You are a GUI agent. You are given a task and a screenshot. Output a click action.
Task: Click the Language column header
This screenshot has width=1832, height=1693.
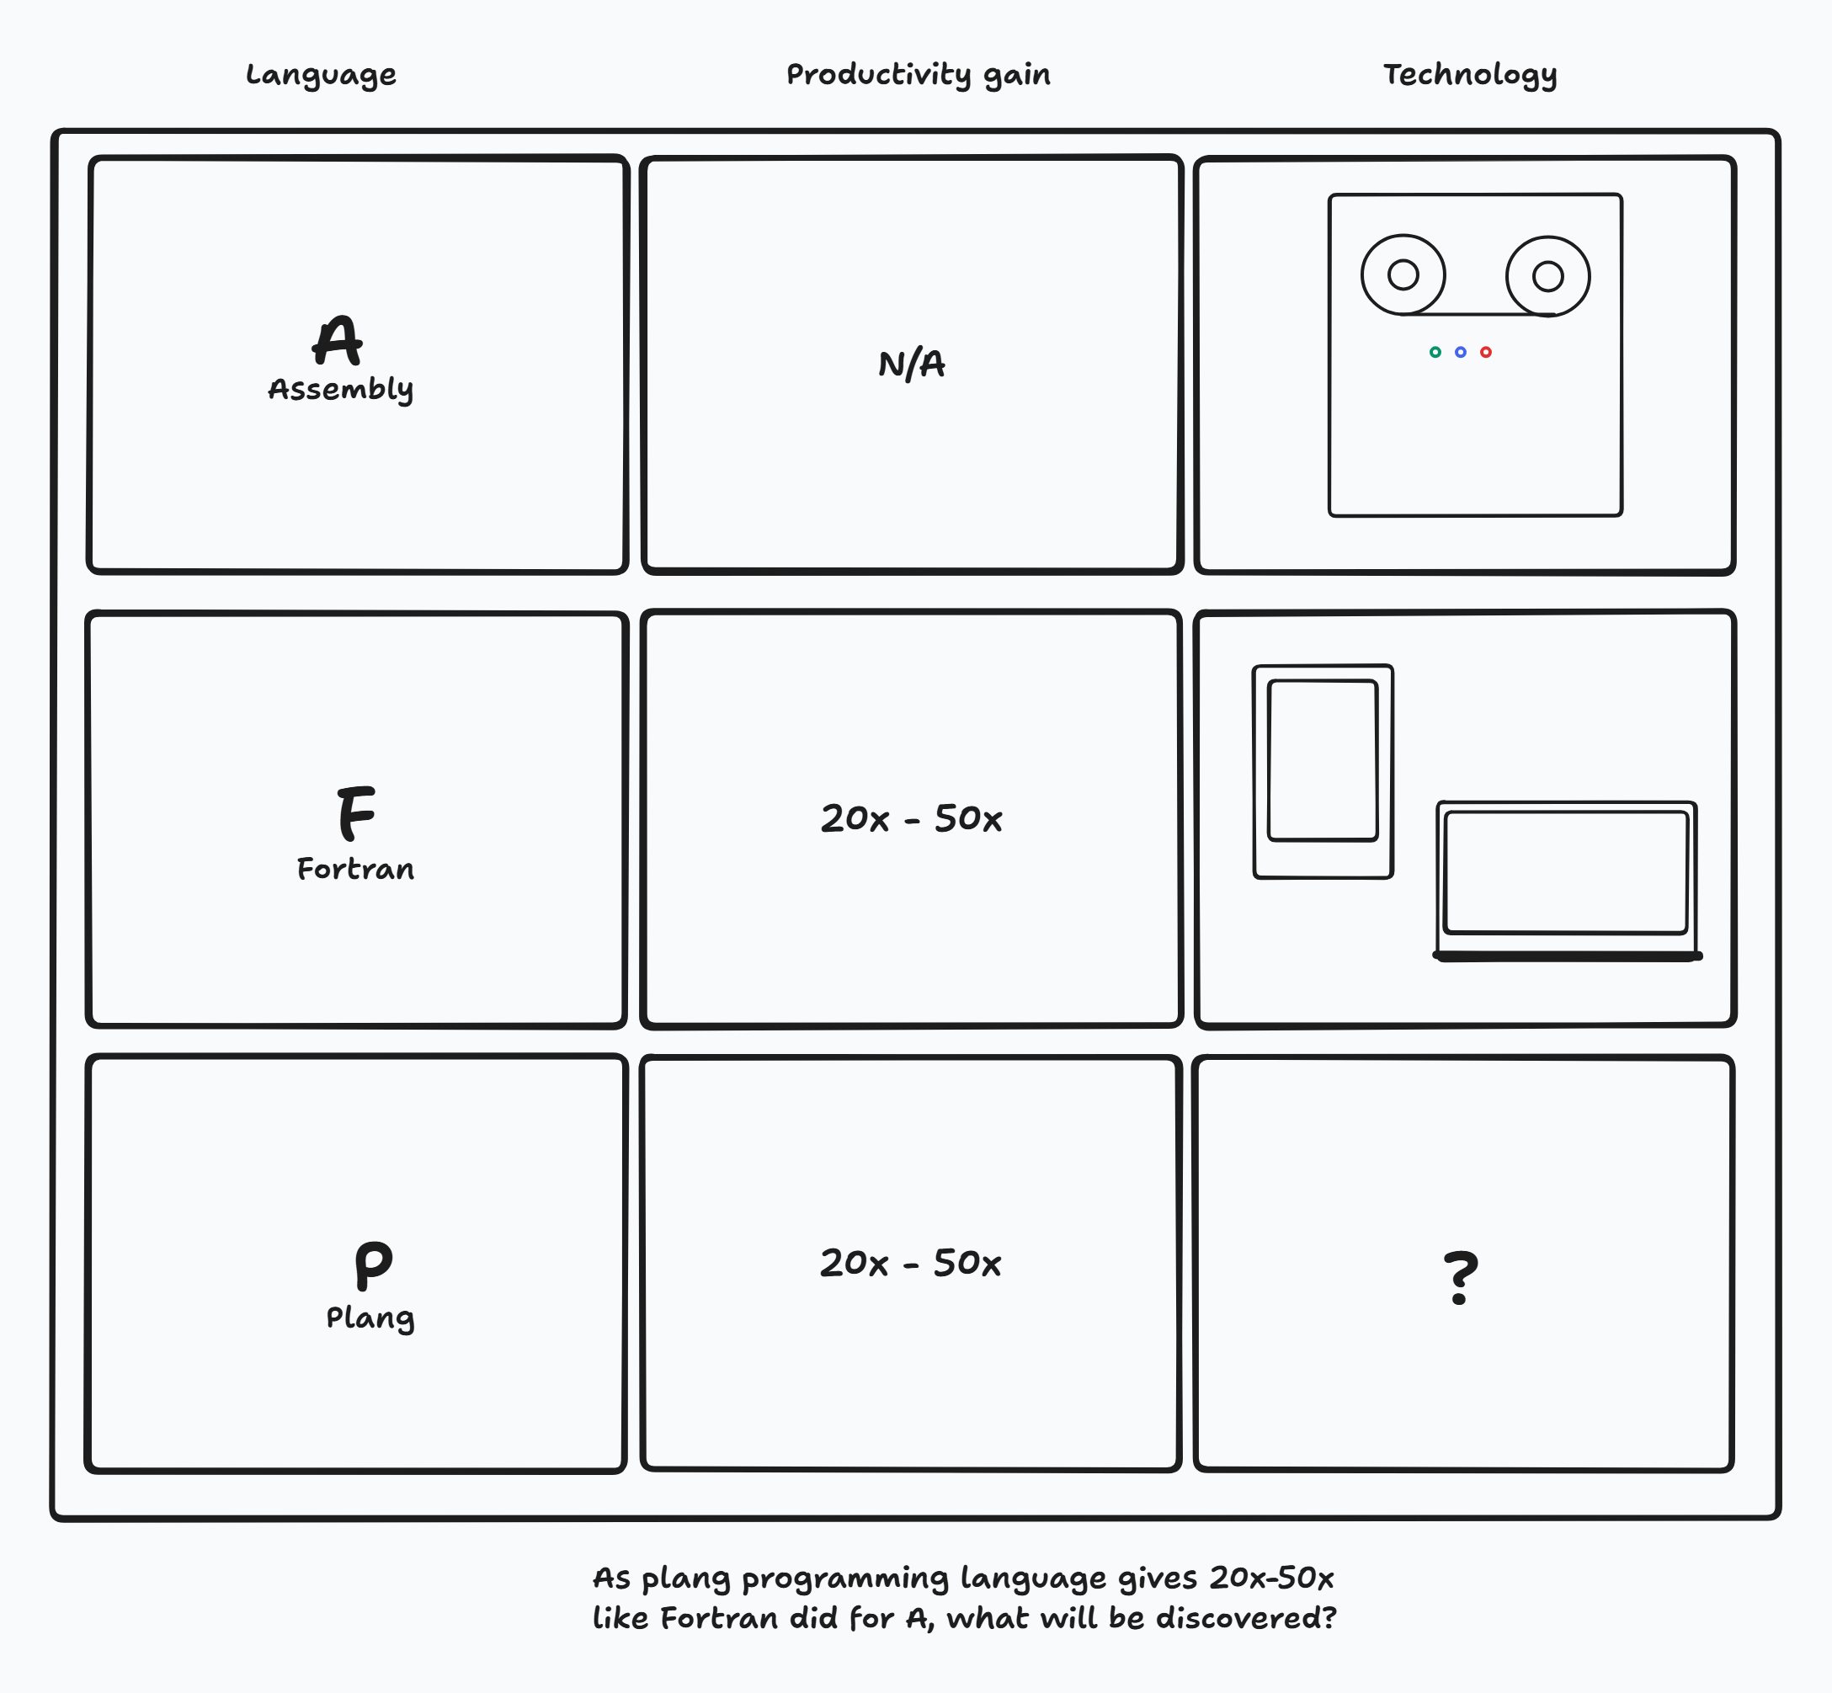click(321, 75)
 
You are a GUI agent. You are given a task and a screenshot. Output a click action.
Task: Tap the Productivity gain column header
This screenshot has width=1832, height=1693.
click(918, 75)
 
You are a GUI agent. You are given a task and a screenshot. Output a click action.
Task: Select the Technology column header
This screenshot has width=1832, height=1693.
click(1469, 75)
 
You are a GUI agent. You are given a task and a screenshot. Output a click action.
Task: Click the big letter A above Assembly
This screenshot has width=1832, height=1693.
click(337, 341)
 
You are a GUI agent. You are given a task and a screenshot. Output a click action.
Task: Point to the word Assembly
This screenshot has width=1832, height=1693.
click(340, 389)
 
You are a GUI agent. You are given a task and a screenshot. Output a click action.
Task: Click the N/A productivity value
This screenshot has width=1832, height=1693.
click(912, 365)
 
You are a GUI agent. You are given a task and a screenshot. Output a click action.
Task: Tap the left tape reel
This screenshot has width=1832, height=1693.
click(1403, 274)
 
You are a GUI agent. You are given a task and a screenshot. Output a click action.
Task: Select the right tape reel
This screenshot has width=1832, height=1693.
click(1547, 276)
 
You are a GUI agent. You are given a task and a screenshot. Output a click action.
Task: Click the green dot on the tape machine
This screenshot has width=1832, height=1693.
click(1435, 352)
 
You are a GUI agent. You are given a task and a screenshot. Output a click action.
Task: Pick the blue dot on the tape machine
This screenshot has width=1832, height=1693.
click(1460, 352)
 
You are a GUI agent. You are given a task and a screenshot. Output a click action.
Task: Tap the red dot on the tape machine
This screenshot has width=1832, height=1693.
click(1486, 352)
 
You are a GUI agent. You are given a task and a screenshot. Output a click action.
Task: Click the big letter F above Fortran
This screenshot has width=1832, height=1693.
click(355, 812)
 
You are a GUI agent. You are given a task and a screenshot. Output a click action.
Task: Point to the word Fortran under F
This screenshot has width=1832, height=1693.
click(355, 869)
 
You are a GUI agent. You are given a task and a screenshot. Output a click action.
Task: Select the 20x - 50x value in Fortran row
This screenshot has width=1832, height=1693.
click(912, 818)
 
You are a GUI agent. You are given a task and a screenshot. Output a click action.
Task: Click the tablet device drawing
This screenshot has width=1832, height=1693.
click(1323, 771)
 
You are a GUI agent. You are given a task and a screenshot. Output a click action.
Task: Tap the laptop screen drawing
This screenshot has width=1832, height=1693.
click(1565, 873)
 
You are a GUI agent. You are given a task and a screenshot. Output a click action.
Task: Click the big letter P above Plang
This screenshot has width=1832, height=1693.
click(373, 1264)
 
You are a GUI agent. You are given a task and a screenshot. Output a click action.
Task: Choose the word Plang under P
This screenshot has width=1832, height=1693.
click(370, 1318)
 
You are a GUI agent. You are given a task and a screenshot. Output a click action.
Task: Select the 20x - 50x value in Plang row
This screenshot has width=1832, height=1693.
click(910, 1264)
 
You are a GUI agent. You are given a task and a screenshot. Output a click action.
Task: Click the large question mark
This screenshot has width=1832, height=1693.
click(1460, 1277)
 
